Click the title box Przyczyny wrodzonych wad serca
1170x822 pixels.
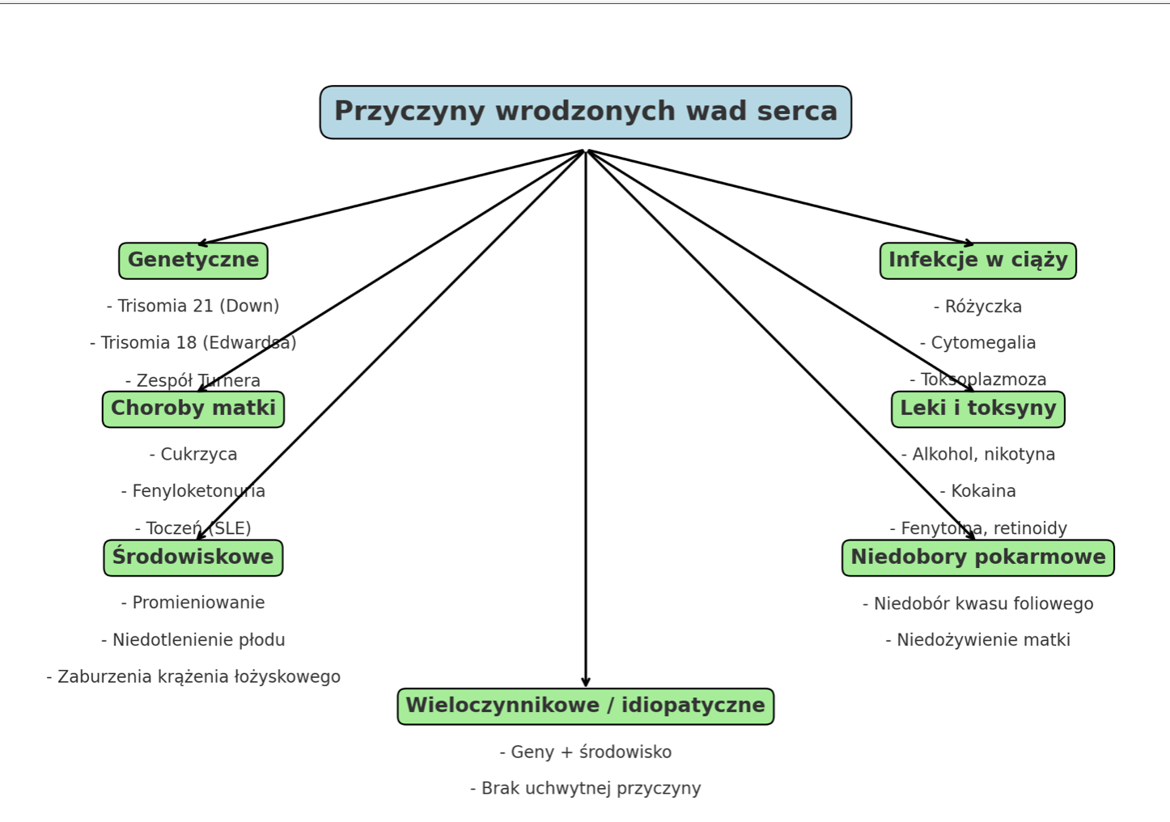[x=585, y=112]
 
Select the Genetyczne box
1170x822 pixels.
[x=193, y=261]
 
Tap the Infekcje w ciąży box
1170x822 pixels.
[x=977, y=261]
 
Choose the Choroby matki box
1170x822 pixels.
[x=193, y=409]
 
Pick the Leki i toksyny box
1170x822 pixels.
[x=977, y=409]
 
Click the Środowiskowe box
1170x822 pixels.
[x=193, y=557]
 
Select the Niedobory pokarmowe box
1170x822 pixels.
[x=977, y=557]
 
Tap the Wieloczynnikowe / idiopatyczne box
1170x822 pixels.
[x=585, y=705]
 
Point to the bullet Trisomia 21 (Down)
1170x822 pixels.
[x=193, y=306]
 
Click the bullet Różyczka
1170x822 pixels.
[x=977, y=307]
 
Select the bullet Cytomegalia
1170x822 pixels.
[x=977, y=342]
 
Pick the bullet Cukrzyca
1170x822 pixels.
[x=193, y=454]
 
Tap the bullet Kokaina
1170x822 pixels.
[x=977, y=491]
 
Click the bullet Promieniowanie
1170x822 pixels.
[x=193, y=603]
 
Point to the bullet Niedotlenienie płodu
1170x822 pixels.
[x=193, y=640]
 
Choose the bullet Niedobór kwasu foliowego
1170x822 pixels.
[x=977, y=604]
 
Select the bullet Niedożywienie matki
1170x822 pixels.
[x=977, y=640]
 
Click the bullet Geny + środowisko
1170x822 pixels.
[x=585, y=752]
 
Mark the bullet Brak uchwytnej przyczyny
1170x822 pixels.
[x=585, y=788]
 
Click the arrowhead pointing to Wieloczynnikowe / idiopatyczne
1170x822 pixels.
[x=586, y=682]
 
